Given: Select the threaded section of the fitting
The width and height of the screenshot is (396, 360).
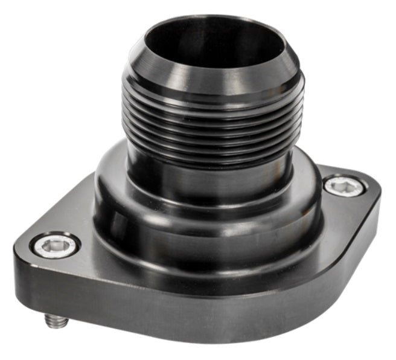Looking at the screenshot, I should [211, 127].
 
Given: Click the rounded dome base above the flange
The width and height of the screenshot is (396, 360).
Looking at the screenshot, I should [211, 223].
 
